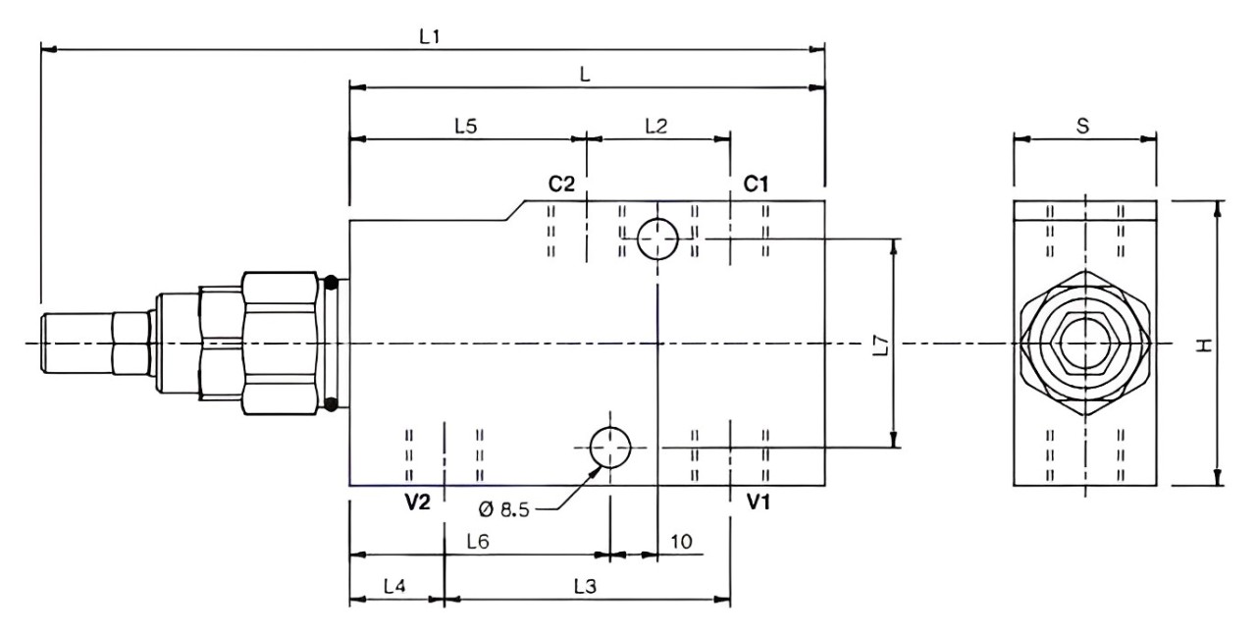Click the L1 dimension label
(430, 37)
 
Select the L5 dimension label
(466, 127)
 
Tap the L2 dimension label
(656, 127)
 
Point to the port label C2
(561, 184)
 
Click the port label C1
(756, 184)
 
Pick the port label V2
(418, 502)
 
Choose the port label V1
(759, 502)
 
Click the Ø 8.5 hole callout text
(504, 509)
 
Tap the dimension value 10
(681, 542)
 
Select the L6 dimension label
(478, 542)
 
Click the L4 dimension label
(394, 586)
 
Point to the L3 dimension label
(585, 586)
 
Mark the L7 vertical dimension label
(881, 345)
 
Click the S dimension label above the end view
(1082, 127)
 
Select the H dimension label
(1204, 345)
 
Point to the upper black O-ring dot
(331, 283)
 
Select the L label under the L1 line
(585, 74)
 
